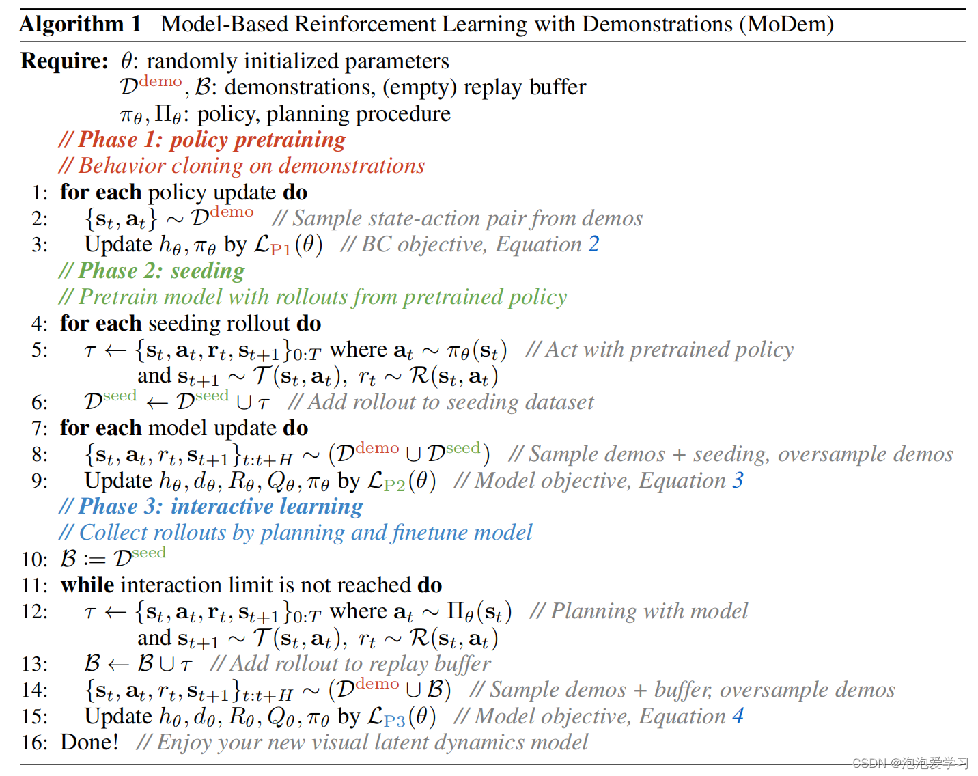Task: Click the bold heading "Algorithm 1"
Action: [x=81, y=25]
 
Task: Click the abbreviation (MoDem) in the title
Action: [x=785, y=25]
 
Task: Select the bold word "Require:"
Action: [x=64, y=61]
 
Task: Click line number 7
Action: [x=40, y=429]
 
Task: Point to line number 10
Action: [x=34, y=559]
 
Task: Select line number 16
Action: [x=34, y=743]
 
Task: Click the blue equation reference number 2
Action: [x=593, y=245]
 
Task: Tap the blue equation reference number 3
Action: [x=738, y=481]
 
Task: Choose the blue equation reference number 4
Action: [x=738, y=717]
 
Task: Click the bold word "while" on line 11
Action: [x=87, y=585]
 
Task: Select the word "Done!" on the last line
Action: [x=89, y=743]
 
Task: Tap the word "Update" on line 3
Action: [x=118, y=245]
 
